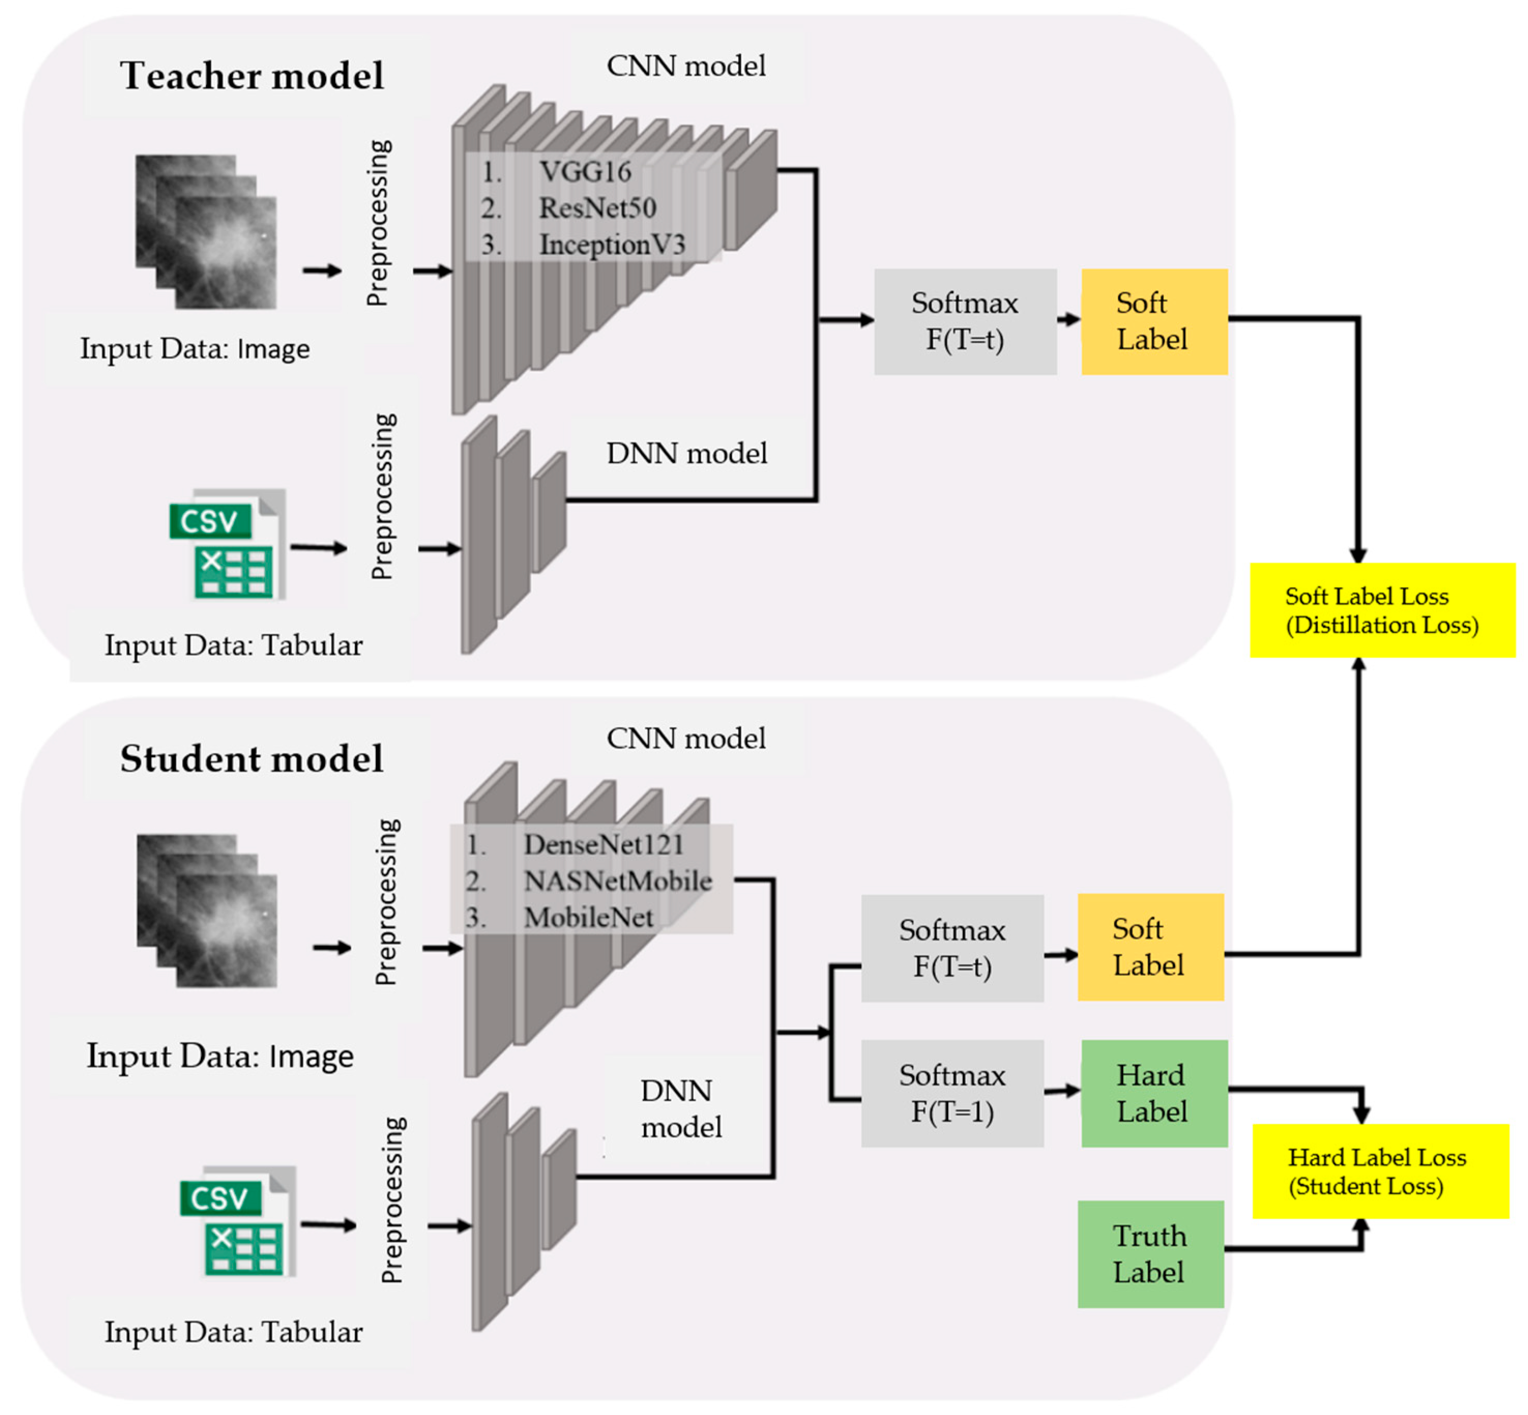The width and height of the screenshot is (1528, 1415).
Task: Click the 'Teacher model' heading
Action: (252, 76)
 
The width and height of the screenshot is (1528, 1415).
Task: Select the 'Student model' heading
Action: (252, 759)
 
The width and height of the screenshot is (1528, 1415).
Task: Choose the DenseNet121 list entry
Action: (603, 844)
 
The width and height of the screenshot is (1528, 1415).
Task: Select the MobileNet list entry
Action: (588, 917)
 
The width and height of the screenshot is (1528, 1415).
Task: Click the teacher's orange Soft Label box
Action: (1154, 322)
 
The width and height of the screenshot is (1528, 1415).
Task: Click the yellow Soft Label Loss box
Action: (1383, 610)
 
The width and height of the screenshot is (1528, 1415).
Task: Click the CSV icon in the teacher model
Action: (227, 544)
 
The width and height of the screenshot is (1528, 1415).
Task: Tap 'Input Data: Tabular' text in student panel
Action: (233, 1332)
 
